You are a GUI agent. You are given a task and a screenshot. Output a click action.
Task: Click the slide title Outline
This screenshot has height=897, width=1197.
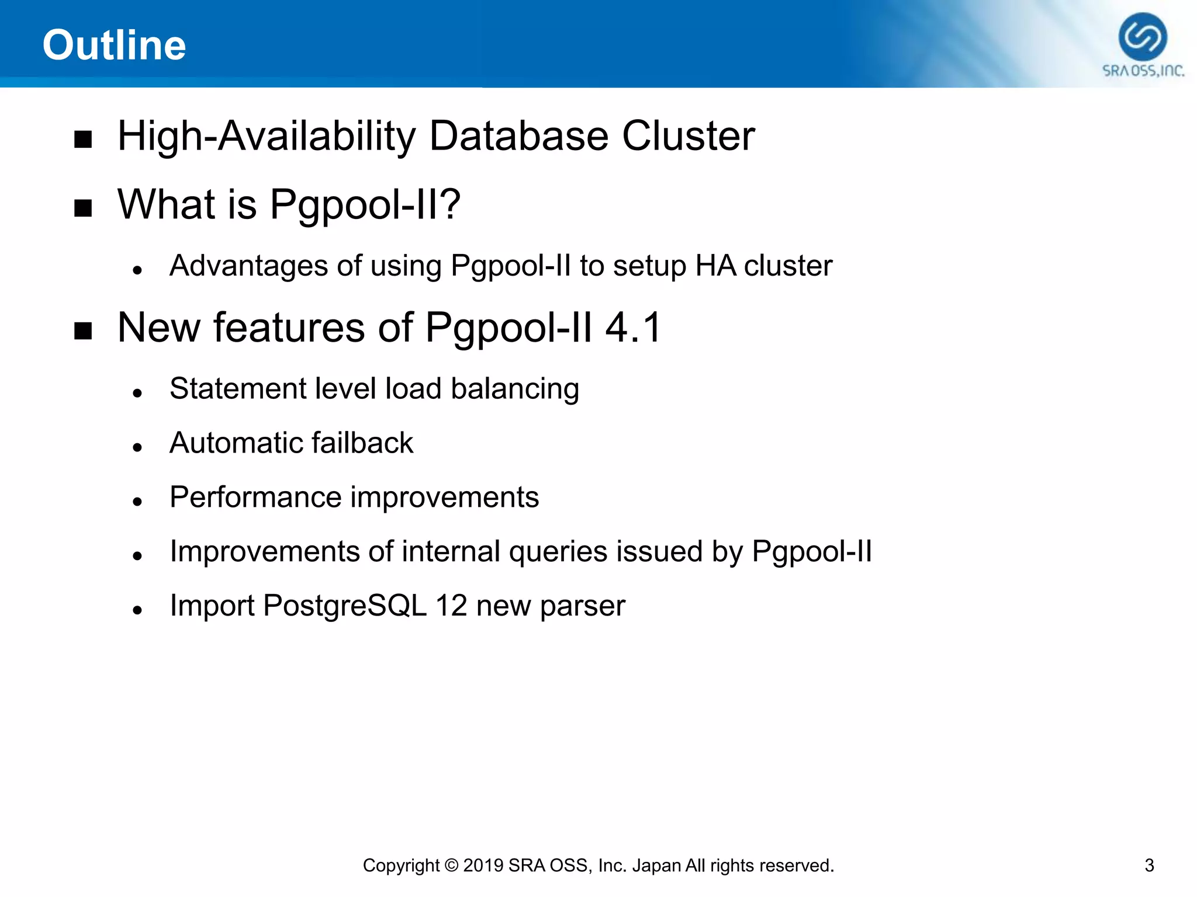[114, 45]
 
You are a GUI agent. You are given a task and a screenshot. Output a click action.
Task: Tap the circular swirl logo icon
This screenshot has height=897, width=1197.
[1143, 37]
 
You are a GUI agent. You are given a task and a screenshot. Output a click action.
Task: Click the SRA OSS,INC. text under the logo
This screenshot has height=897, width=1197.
[1143, 71]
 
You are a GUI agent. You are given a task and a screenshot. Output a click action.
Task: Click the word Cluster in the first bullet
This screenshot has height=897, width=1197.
[688, 136]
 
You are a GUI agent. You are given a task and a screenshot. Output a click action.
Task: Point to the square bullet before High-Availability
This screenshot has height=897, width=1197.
[83, 140]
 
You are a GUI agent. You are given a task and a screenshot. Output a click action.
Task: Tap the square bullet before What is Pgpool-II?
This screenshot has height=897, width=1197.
[83, 208]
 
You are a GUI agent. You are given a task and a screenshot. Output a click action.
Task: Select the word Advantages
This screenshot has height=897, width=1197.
[247, 266]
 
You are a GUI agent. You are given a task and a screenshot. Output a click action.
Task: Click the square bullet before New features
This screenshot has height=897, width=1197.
[83, 331]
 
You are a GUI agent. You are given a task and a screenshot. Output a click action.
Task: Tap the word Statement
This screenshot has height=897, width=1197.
[237, 388]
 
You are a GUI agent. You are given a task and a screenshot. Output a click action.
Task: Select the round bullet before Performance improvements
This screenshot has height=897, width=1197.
[137, 502]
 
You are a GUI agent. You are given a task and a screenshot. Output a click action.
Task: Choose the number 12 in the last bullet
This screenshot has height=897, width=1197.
[451, 606]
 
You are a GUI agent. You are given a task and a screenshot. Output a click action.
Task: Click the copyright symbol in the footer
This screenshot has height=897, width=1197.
[451, 865]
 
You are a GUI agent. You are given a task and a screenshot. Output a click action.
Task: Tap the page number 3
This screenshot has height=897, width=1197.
[1149, 865]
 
